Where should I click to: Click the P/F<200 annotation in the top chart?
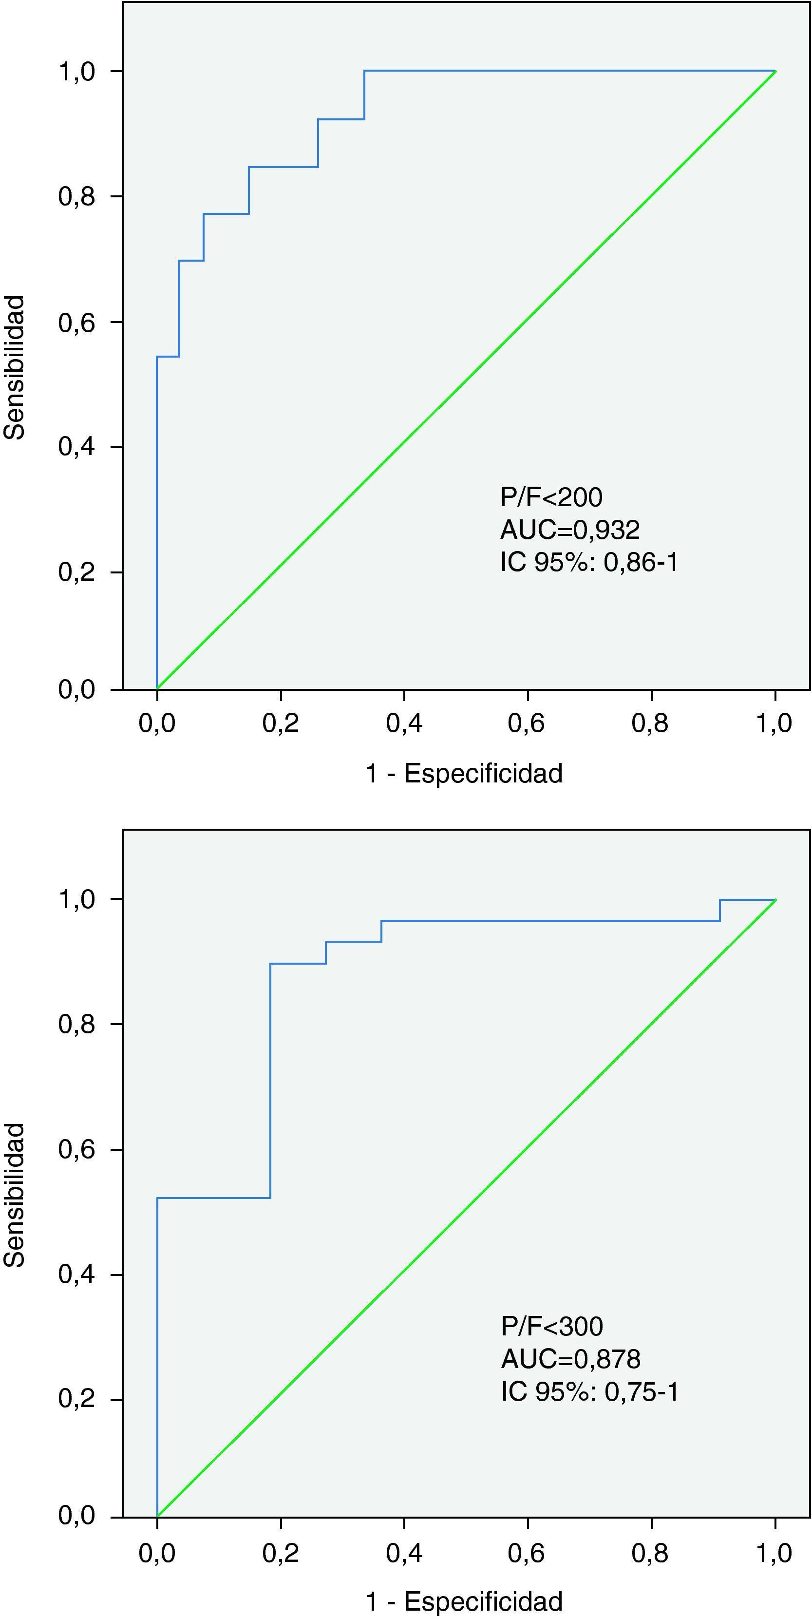pos(551,497)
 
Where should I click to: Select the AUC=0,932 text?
pos(570,530)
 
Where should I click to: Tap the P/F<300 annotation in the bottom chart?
pos(551,1326)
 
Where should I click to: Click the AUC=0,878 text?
pos(570,1359)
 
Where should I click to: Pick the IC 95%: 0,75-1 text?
pos(590,1391)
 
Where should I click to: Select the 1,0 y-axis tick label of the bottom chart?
pos(76,899)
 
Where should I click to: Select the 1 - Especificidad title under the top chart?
pos(464,773)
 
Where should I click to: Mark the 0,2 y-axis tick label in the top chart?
pos(76,572)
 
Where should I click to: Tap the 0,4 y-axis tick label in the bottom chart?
pos(76,1275)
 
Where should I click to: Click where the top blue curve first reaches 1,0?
pos(364,71)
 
